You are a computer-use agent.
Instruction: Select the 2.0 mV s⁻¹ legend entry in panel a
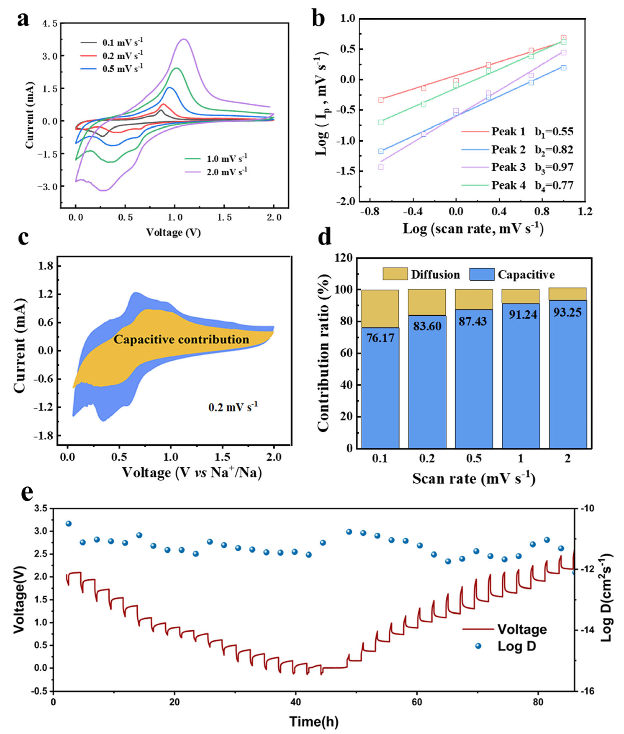click(x=216, y=172)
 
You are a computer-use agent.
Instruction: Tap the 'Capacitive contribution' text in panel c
click(x=181, y=340)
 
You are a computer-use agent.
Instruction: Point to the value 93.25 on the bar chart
click(x=567, y=312)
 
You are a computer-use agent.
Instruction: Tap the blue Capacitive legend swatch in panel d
click(x=482, y=275)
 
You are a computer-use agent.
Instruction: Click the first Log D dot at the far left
click(x=69, y=523)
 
